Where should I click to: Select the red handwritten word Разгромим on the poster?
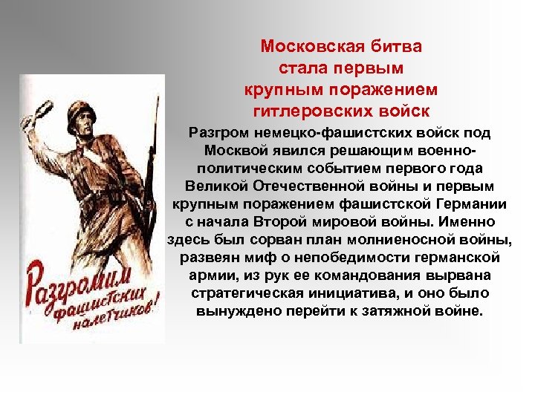click(x=77, y=282)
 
